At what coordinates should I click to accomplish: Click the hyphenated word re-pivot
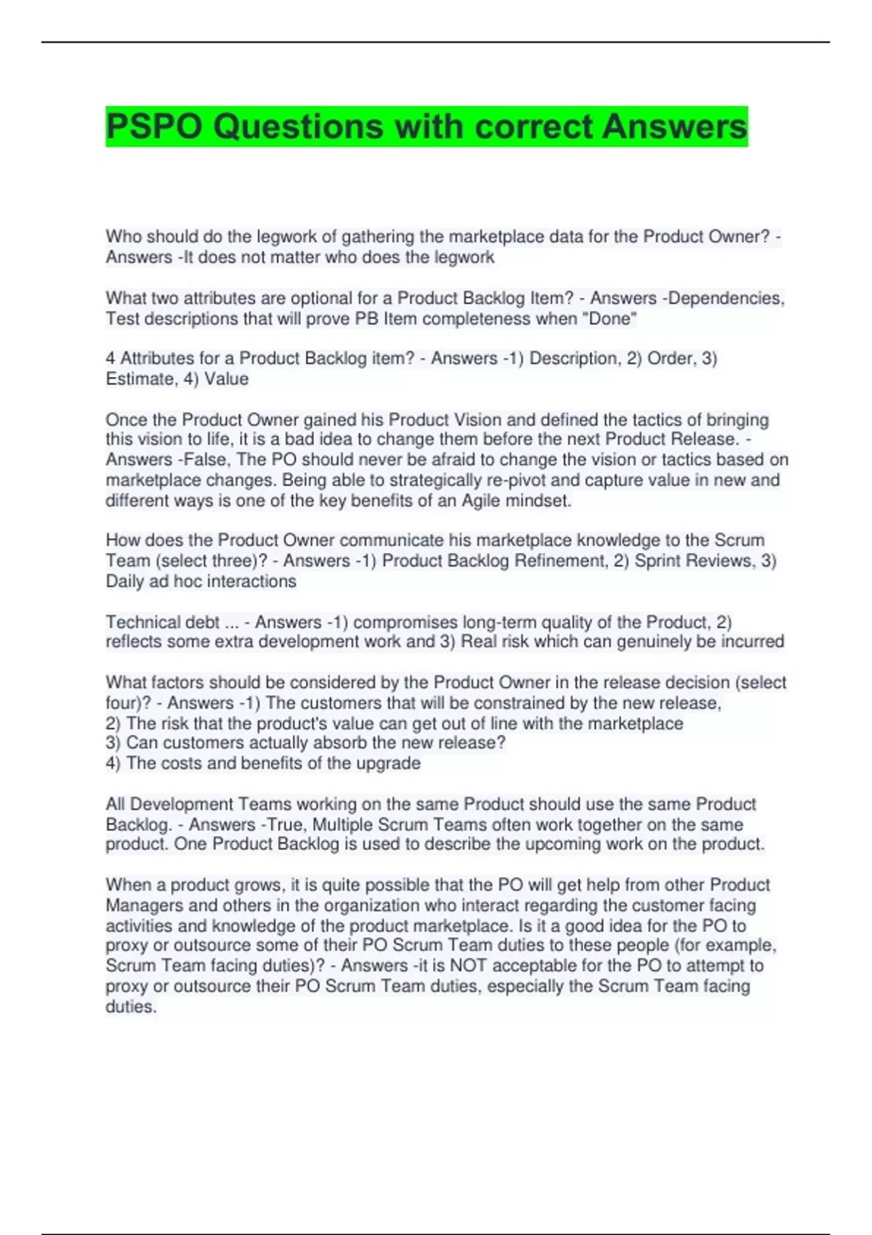(x=434, y=480)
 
